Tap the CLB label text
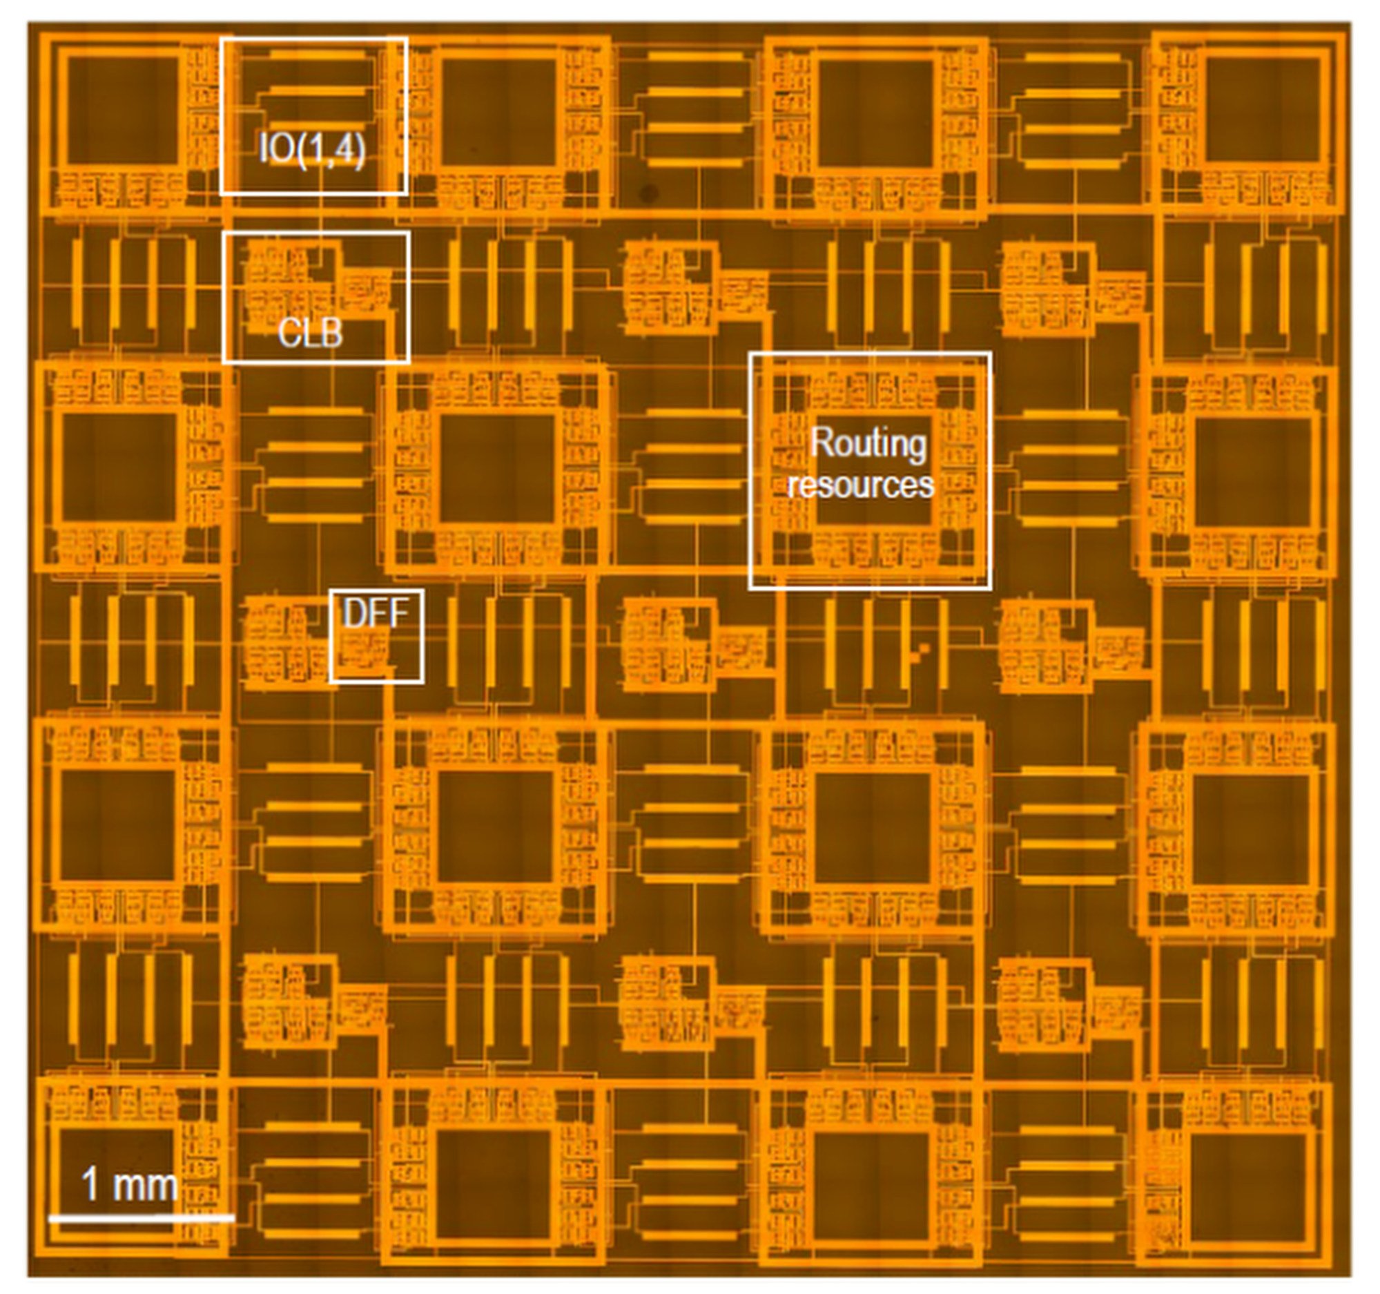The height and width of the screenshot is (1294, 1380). pos(310,334)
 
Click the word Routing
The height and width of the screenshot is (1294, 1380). pos(868,443)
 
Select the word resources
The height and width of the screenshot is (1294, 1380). pos(861,485)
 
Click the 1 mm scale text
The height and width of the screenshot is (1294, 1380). pos(129,1184)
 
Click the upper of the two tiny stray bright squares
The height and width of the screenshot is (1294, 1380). pos(923,648)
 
